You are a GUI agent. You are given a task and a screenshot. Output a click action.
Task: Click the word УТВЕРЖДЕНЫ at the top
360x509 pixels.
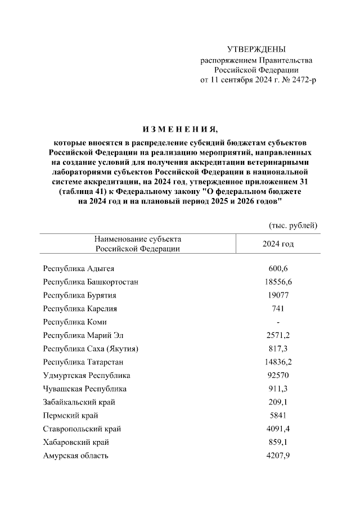pyautogui.click(x=256, y=49)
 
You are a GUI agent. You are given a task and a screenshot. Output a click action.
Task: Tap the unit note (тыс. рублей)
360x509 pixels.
pyautogui.click(x=293, y=226)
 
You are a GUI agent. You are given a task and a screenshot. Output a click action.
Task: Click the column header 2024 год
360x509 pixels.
pyautogui.click(x=278, y=244)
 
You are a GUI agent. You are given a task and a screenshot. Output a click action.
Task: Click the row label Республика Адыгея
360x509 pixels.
pyautogui.click(x=79, y=268)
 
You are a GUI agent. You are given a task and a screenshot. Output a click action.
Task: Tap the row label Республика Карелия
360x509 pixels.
pyautogui.click(x=80, y=309)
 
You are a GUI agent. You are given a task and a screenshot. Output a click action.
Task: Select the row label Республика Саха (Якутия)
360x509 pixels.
pyautogui.click(x=91, y=349)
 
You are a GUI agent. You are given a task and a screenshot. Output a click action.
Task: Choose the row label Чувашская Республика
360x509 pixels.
pyautogui.click(x=85, y=389)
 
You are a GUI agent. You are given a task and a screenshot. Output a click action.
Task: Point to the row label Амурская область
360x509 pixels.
pyautogui.click(x=76, y=456)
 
